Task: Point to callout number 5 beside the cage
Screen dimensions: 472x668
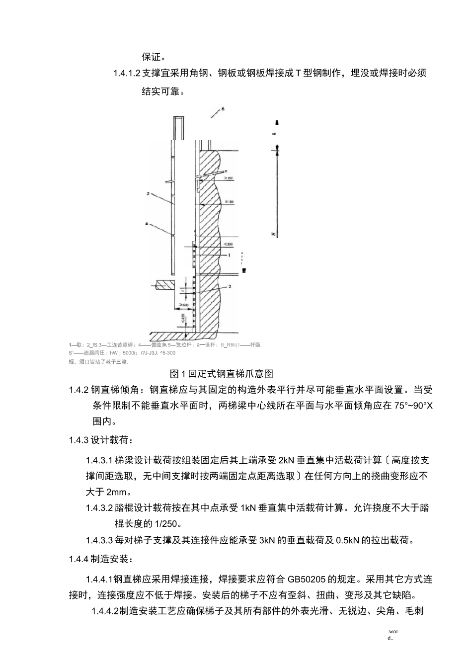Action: (x=149, y=194)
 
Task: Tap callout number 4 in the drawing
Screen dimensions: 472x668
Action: (x=147, y=224)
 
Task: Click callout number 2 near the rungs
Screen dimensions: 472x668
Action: (x=230, y=286)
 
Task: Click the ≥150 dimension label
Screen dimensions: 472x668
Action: (x=229, y=178)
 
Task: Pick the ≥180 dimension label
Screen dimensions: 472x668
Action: (x=229, y=202)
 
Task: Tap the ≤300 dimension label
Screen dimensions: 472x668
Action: (x=228, y=244)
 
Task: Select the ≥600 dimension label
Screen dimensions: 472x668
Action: (x=183, y=304)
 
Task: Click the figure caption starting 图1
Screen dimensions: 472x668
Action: (x=222, y=373)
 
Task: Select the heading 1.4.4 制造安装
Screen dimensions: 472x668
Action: (x=101, y=560)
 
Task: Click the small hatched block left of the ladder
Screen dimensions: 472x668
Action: (x=164, y=286)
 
